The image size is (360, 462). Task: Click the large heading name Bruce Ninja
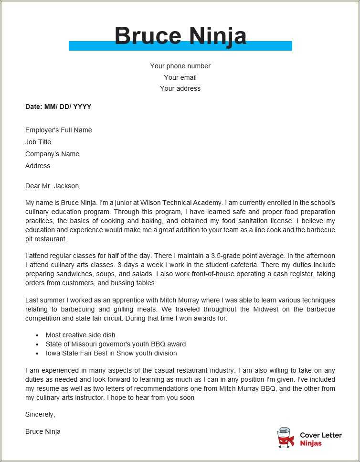tap(180, 35)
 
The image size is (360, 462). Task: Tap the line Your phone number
tap(180, 66)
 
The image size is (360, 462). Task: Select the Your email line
tap(180, 77)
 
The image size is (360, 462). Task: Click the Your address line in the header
tap(180, 88)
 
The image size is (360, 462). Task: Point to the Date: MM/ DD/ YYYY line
tap(58, 107)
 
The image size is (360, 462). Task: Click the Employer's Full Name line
tap(58, 130)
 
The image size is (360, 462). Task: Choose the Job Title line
tap(38, 142)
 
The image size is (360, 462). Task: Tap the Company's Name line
tap(52, 154)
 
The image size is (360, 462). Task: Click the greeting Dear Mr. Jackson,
tap(53, 185)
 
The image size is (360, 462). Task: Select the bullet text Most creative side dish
tap(80, 335)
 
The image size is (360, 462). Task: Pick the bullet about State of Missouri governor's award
tap(116, 344)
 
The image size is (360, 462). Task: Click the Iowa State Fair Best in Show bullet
tap(111, 353)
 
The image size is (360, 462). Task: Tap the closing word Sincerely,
tap(40, 414)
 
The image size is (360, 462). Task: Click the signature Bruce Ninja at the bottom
tap(43, 431)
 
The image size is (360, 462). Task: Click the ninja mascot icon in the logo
tap(286, 438)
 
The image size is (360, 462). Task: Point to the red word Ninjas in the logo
tap(311, 443)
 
